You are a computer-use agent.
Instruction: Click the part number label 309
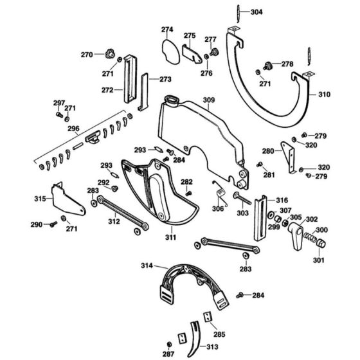click(209, 100)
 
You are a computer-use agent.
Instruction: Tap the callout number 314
click(146, 265)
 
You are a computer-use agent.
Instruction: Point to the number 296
click(73, 129)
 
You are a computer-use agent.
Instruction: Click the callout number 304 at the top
click(256, 13)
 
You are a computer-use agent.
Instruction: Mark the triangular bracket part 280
click(289, 154)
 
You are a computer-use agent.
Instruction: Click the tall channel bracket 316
click(260, 217)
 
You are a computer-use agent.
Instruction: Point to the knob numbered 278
click(270, 65)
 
